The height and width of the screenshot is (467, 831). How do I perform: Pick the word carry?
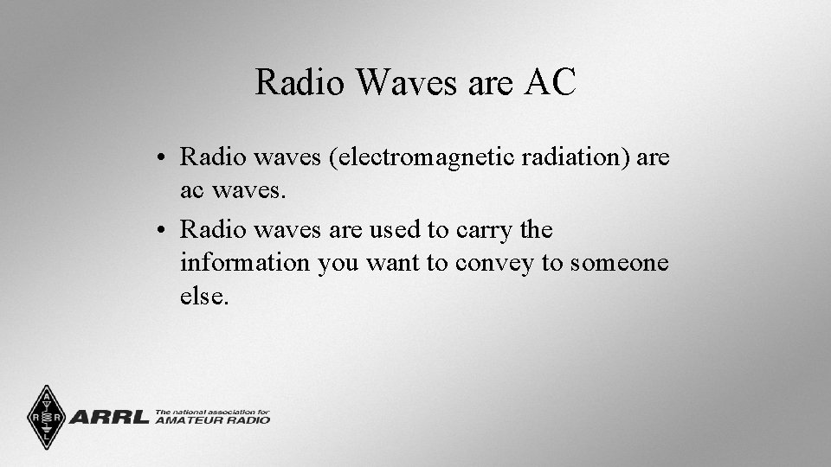point(475,231)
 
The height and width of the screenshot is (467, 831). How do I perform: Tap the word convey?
point(491,263)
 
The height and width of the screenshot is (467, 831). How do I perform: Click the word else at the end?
point(203,296)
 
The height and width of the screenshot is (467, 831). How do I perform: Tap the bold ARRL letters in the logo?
point(108,418)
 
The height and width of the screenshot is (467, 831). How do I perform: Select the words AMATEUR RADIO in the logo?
point(212,420)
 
